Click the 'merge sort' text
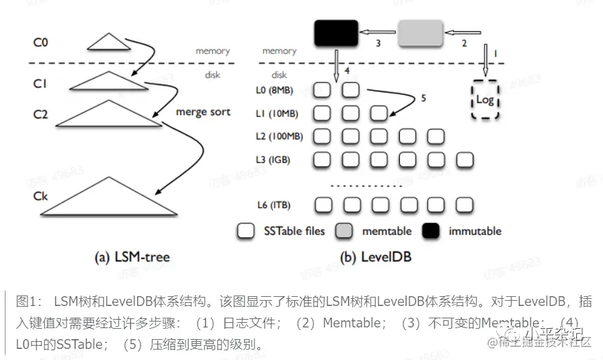(x=203, y=112)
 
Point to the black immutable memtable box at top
(x=336, y=33)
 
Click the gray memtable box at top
(x=420, y=33)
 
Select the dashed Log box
(x=485, y=100)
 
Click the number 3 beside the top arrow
(x=378, y=44)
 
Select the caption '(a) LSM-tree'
(x=133, y=257)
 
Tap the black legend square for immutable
(x=431, y=230)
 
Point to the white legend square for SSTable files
(x=246, y=230)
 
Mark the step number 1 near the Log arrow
(x=495, y=52)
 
